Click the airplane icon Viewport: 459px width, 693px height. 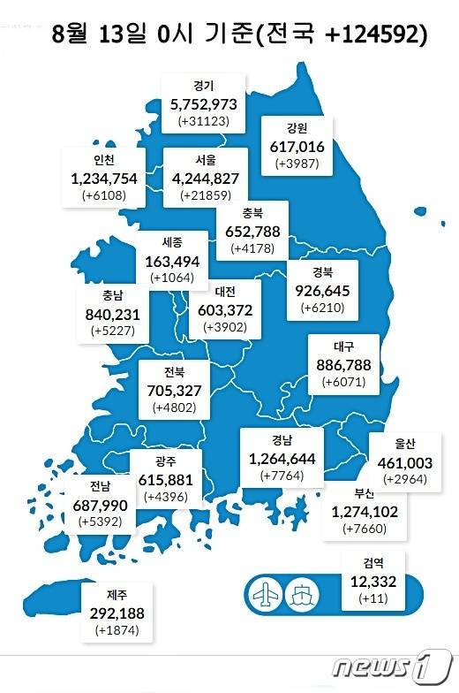point(266,593)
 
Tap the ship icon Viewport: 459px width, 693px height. point(302,593)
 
